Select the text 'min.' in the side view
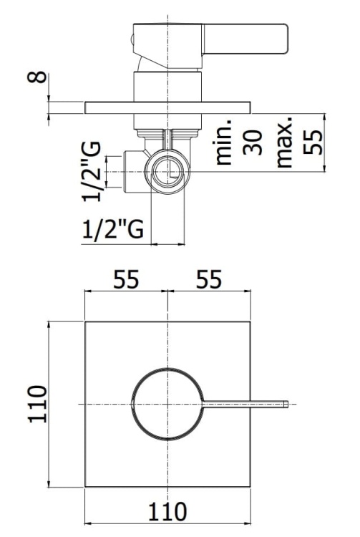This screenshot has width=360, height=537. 225,143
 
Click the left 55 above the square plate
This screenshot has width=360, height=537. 125,280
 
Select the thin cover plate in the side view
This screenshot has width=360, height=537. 167,108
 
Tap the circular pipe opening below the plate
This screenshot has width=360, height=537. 169,171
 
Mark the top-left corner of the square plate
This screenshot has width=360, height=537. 86,322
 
